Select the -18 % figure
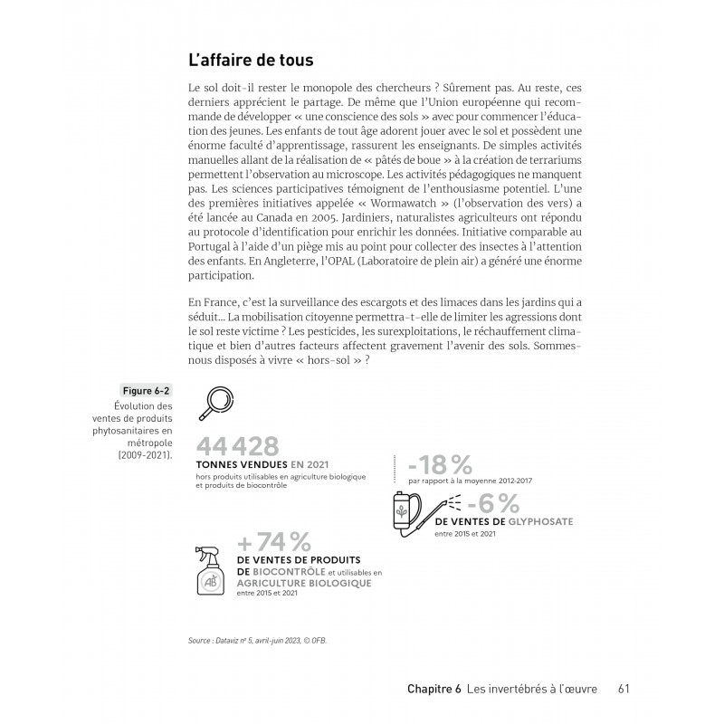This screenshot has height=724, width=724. click(440, 465)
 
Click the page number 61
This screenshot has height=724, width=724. click(624, 689)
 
